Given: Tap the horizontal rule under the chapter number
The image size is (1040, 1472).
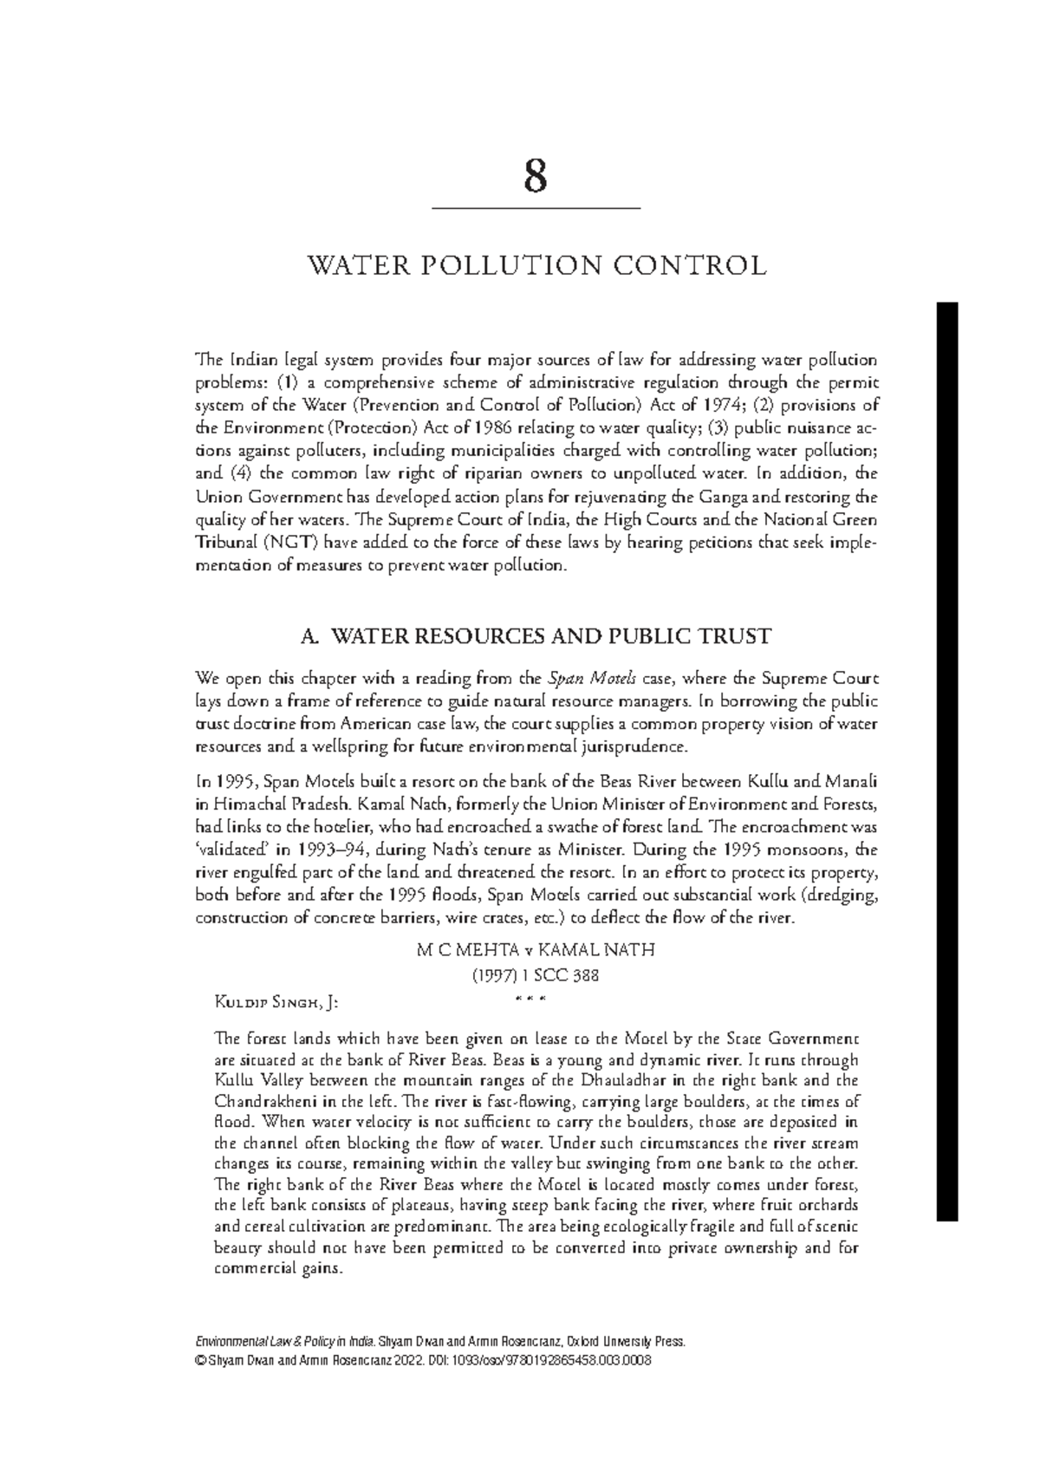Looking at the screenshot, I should coord(535,209).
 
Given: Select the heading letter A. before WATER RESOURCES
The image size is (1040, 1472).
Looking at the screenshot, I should coord(309,636).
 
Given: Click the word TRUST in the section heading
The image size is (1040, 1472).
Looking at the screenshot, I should coord(737,636).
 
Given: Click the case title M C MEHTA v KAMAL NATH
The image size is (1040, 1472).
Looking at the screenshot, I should coord(535,950).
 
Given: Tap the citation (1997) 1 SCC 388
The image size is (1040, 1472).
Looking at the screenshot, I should coord(535,975).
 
